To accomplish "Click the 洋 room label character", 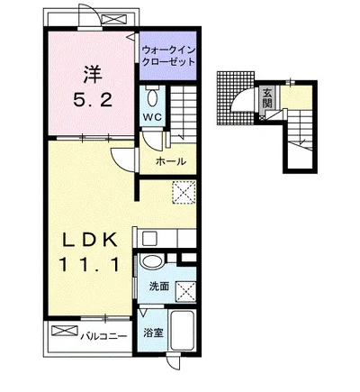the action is [93, 74].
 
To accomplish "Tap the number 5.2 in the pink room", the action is [93, 100].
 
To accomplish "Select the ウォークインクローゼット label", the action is [168, 56].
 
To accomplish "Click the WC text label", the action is [152, 117].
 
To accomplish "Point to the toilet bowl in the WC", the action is [153, 96].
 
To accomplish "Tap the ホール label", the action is [171, 161].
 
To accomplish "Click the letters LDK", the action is [89, 240].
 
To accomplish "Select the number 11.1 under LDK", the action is [89, 264].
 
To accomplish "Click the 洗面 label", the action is [159, 287].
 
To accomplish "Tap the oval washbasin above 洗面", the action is [152, 261].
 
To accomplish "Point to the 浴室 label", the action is [153, 333].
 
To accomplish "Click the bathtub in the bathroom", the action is [182, 330].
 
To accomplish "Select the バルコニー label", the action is [103, 336].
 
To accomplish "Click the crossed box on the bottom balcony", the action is [64, 331].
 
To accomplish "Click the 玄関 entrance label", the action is [266, 98].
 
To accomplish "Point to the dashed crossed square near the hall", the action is [184, 192].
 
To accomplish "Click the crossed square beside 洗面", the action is [186, 291].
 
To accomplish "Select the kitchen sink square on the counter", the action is [149, 238].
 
